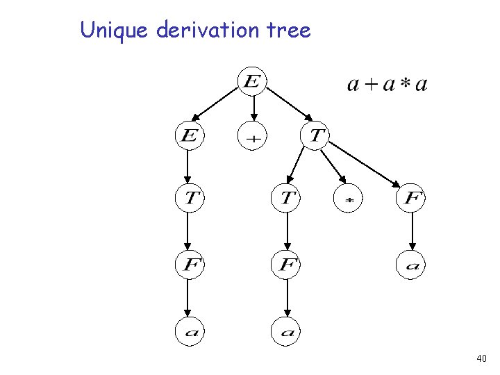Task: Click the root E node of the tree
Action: point(251,82)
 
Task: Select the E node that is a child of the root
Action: point(188,135)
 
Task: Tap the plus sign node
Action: point(254,137)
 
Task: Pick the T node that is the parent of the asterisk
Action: point(315,134)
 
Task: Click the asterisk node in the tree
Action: point(349,200)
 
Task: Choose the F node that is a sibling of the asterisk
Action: point(411,199)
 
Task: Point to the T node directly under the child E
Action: point(188,199)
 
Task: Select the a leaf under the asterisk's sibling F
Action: point(411,265)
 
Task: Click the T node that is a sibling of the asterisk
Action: point(285,199)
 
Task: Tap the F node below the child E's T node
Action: point(188,265)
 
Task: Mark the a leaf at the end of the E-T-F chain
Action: point(188,332)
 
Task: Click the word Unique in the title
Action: point(116,31)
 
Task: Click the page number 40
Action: point(481,358)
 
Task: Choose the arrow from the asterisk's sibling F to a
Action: point(411,232)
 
